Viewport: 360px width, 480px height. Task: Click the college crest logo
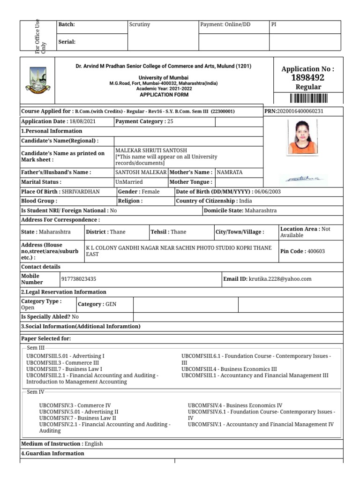pos(37,79)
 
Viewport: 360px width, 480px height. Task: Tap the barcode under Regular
pos(308,98)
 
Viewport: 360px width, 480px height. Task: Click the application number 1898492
pos(307,78)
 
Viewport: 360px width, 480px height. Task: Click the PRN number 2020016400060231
pos(300,112)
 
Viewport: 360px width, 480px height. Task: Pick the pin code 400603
pos(315,251)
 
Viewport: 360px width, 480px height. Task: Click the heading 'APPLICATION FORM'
pos(164,95)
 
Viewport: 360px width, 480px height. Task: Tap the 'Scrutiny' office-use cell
pos(139,24)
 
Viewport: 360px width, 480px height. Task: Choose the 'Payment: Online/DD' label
pos(225,24)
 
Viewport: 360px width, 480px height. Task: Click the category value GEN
pos(111,304)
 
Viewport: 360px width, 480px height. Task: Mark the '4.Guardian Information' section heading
pos(53,454)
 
